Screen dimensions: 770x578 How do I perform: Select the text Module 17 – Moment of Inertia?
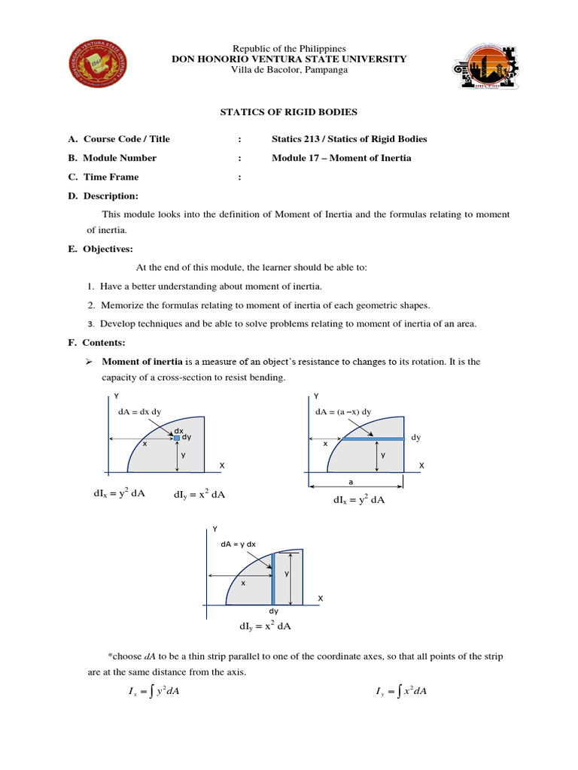click(x=341, y=158)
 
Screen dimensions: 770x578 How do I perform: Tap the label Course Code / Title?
click(x=126, y=138)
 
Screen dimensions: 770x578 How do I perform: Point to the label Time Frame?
click(x=111, y=177)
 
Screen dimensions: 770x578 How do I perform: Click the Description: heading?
click(x=111, y=196)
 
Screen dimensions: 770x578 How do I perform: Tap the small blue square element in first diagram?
click(x=177, y=438)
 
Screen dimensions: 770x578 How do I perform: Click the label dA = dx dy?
click(x=140, y=412)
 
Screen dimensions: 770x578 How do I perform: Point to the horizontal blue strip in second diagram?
click(x=374, y=438)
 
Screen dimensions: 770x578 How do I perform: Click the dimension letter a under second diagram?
click(x=350, y=481)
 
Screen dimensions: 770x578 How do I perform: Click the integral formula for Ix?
click(x=154, y=692)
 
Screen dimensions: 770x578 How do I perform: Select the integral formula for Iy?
click(x=400, y=692)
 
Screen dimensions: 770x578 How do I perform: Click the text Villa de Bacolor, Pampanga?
click(x=289, y=70)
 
